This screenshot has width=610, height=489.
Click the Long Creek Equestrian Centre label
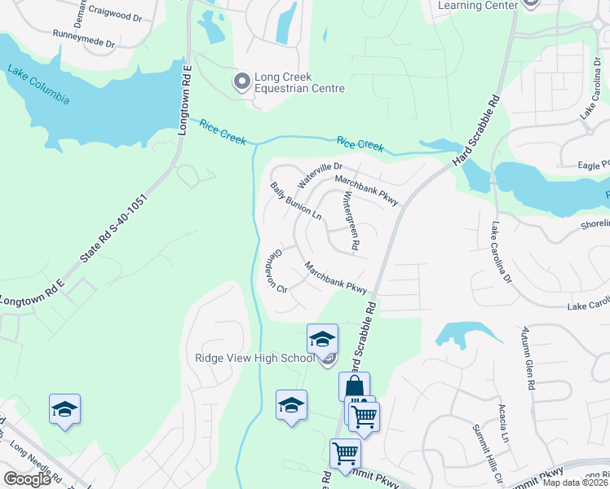pyautogui.click(x=299, y=83)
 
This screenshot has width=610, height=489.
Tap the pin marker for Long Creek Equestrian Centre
pyautogui.click(x=241, y=81)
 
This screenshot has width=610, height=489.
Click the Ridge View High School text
pyautogui.click(x=254, y=359)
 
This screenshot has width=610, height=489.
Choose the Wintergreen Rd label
pyautogui.click(x=350, y=220)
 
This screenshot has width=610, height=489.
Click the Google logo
pyautogui.click(x=27, y=479)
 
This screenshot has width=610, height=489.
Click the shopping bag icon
pyautogui.click(x=355, y=386)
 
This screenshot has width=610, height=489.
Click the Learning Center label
pyautogui.click(x=478, y=5)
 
